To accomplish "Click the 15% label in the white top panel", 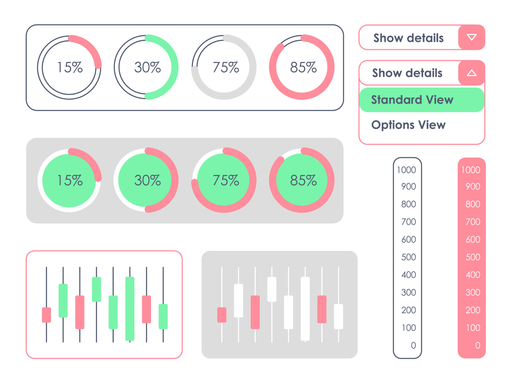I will click(x=70, y=67).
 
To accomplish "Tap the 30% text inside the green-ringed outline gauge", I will click(x=147, y=67).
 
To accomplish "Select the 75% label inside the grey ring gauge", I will click(x=226, y=67).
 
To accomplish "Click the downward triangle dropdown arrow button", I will click(x=471, y=37).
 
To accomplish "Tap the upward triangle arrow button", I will click(x=471, y=73).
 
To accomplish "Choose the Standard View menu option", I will click(x=412, y=100).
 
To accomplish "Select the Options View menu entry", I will click(x=408, y=125).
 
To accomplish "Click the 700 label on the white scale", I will click(x=409, y=221).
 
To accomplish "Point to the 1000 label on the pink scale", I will click(x=471, y=170).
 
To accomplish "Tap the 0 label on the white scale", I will click(x=413, y=345).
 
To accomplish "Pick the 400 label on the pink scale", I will click(x=473, y=275).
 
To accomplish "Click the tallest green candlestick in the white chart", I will click(x=130, y=309).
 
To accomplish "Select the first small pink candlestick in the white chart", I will click(x=46, y=315).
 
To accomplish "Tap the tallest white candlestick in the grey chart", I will click(x=305, y=309).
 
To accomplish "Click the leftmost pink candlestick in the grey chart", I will click(x=222, y=315).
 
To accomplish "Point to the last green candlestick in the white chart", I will click(x=163, y=316).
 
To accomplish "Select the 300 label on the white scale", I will click(x=409, y=292).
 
